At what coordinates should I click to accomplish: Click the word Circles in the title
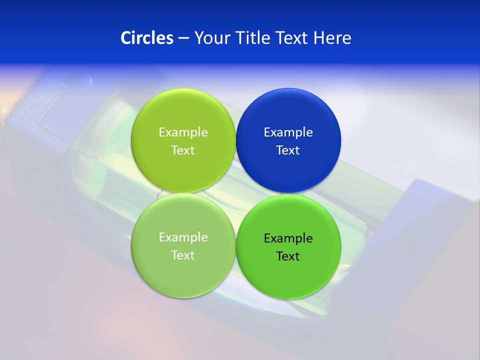(146, 38)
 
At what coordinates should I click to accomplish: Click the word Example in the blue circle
(288, 132)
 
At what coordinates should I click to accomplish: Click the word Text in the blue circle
(288, 150)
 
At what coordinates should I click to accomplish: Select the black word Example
(288, 238)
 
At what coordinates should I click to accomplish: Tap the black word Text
(288, 256)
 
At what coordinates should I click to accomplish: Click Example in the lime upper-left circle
(183, 132)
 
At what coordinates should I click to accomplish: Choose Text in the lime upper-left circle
(183, 150)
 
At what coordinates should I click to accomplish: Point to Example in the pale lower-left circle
(183, 237)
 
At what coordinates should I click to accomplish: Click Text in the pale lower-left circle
(183, 255)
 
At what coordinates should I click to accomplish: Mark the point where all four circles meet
(235, 193)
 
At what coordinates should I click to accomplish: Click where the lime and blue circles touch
(235, 140)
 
